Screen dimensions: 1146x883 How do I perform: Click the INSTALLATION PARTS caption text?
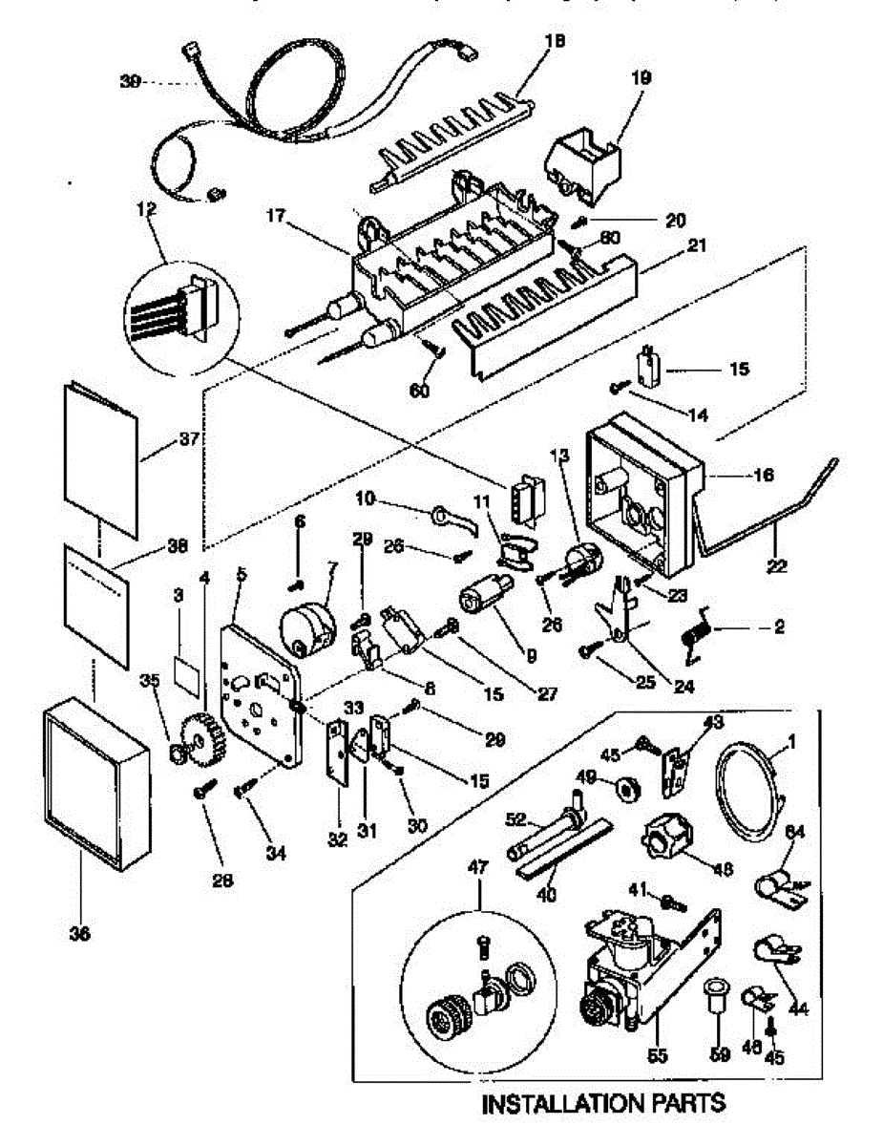pyautogui.click(x=603, y=1105)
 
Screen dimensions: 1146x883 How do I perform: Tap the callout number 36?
pyautogui.click(x=80, y=935)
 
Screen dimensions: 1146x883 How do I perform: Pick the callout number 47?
pyautogui.click(x=477, y=866)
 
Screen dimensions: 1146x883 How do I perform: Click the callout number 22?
pyautogui.click(x=775, y=565)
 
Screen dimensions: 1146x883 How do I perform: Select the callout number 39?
pyautogui.click(x=131, y=82)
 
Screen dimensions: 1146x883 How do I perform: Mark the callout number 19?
pyautogui.click(x=640, y=77)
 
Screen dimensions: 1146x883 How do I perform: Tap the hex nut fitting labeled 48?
pyautogui.click(x=666, y=842)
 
